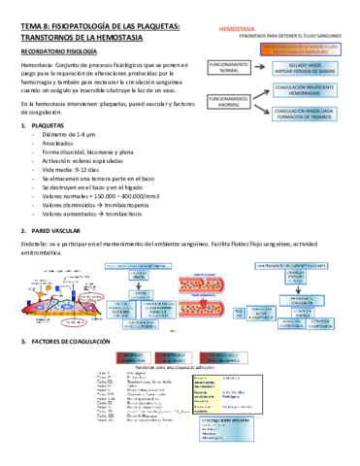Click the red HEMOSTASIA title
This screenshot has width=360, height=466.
(238, 30)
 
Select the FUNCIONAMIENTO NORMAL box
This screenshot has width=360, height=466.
(226, 66)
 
